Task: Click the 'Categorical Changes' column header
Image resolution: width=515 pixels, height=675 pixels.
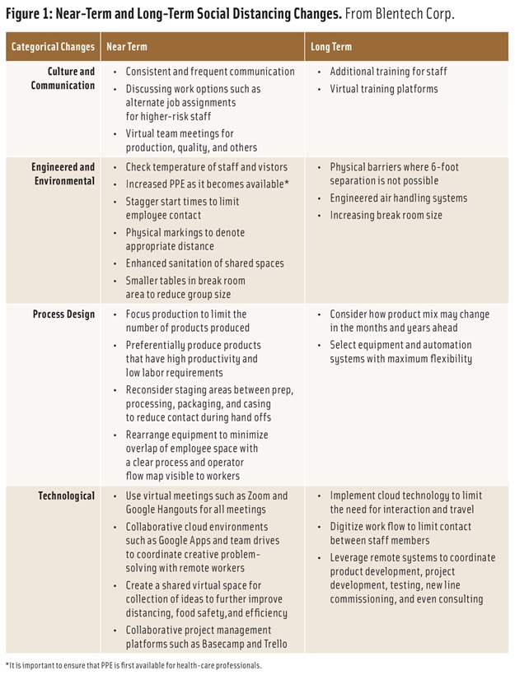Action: pos(52,46)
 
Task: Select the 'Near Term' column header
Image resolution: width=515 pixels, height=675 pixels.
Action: pos(127,46)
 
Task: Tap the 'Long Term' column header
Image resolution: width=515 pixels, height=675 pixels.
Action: pos(331,46)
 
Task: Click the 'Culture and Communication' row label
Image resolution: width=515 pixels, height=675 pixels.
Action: pos(63,78)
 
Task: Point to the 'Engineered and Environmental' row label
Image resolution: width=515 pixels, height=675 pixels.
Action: pos(63,174)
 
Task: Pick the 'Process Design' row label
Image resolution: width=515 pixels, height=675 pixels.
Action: pos(64,314)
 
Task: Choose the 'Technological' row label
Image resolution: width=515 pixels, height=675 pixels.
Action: pos(67,496)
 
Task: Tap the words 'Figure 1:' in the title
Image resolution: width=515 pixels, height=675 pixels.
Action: pos(30,16)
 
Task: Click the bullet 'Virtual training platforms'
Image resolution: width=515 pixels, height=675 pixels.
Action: pos(383,88)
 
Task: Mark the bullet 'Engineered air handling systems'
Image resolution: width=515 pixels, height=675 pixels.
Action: pos(398,198)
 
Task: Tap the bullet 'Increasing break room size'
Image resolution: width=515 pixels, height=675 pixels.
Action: pos(386,215)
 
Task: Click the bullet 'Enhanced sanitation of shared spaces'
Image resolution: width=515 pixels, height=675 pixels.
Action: pos(204,263)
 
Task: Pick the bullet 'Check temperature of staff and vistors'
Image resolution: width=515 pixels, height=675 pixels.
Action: pos(206,167)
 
